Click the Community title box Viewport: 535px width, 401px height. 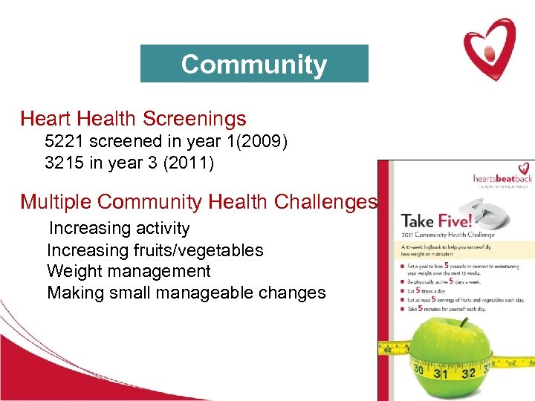[254, 64]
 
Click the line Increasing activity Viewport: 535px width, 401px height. [119, 229]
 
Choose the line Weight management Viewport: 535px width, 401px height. [129, 272]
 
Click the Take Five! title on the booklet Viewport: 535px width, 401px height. [434, 221]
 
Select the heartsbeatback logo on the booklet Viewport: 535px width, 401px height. [503, 178]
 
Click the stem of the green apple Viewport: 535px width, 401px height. [462, 322]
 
